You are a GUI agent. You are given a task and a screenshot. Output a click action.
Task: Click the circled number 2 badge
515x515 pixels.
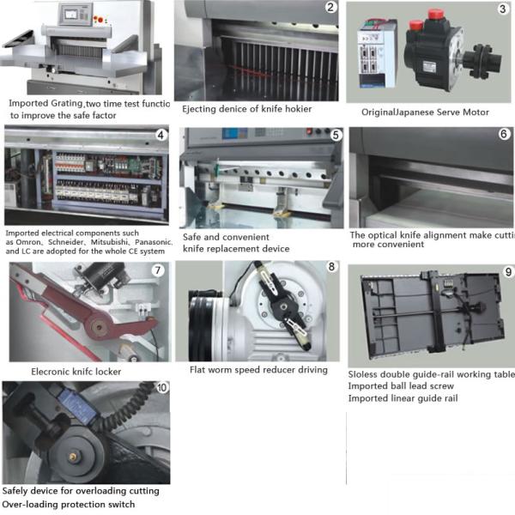330,9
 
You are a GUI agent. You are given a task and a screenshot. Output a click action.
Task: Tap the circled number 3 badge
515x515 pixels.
502,10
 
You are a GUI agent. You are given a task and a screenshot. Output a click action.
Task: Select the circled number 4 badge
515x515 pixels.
160,136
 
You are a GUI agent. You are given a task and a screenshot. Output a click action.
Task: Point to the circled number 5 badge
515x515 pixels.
336,135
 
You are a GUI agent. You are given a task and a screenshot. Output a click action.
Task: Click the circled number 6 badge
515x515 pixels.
504,135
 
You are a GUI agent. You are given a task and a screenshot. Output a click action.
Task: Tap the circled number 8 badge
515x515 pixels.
330,268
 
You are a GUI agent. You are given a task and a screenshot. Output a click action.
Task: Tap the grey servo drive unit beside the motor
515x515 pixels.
375,53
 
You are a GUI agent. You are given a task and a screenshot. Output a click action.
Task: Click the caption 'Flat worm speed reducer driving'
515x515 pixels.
258,370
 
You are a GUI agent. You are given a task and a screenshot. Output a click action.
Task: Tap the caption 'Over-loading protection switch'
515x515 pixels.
69,504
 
